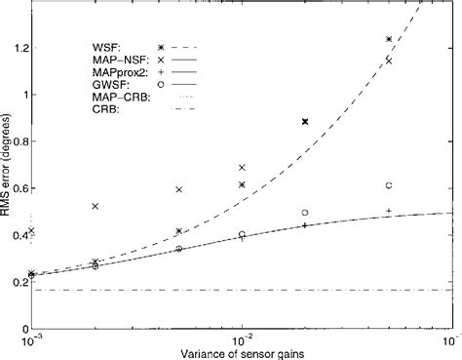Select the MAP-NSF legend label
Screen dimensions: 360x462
(x=103, y=61)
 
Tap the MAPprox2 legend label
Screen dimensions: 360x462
(x=105, y=76)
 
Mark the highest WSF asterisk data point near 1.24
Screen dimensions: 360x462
(x=389, y=39)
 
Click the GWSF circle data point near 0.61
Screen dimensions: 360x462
(x=389, y=185)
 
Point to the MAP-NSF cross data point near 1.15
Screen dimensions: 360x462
(x=389, y=60)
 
